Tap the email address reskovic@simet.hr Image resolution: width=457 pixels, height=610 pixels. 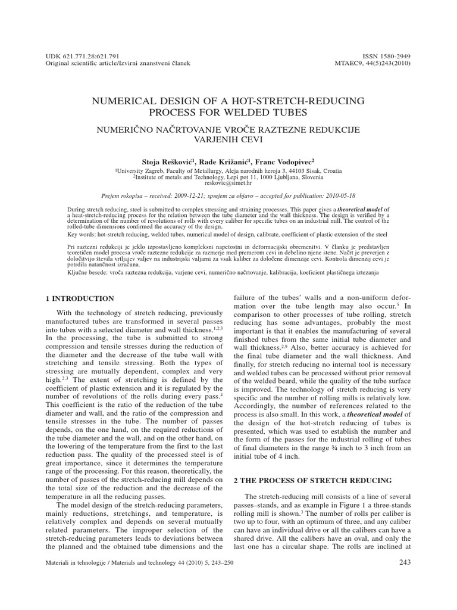[x=229, y=184]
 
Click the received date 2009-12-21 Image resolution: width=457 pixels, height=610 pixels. [x=204, y=195]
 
